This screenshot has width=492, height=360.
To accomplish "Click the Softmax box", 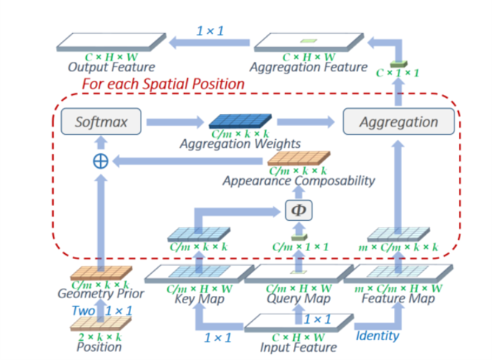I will click(100, 121).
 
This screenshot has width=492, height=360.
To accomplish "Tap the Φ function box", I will click(298, 211).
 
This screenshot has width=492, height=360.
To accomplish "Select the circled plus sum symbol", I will click(100, 161).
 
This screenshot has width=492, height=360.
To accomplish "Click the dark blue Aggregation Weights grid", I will click(241, 121).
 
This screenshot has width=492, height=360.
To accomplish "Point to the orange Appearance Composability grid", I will click(298, 158).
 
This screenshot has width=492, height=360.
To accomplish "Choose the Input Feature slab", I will click(298, 323).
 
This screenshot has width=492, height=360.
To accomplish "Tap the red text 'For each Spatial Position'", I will click(163, 84).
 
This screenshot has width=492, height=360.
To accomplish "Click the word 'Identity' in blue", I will click(378, 336).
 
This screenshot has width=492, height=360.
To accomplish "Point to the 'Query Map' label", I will click(298, 298).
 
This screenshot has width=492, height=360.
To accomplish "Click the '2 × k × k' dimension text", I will click(100, 335).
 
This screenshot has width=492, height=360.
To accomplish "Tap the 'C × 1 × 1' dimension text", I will click(398, 74).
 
